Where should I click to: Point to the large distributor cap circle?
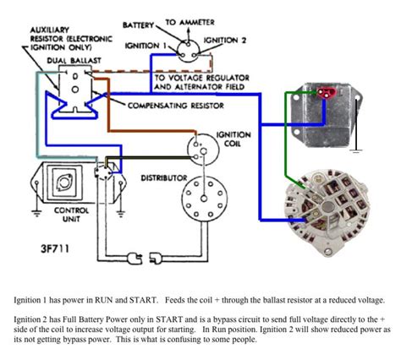point(199,201)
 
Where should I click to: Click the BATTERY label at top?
point(140,25)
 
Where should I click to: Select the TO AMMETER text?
point(188,19)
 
